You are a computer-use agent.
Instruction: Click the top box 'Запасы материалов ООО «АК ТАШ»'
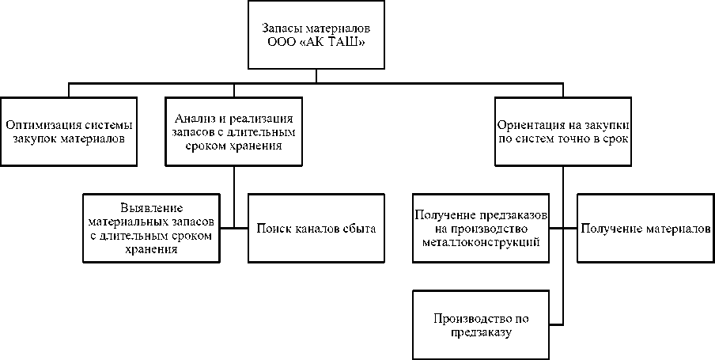click(316, 36)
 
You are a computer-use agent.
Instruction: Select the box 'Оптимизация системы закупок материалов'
click(69, 131)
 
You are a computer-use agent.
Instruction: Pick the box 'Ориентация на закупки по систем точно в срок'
click(563, 131)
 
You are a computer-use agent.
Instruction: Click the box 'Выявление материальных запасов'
click(151, 229)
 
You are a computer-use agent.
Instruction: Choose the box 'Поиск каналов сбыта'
click(316, 229)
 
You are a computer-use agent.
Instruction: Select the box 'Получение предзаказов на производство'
click(481, 229)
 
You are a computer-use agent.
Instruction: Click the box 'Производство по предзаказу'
click(481, 325)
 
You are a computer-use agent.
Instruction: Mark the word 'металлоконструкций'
click(481, 242)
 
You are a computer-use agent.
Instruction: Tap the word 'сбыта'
click(359, 229)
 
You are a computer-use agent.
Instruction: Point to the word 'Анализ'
click(191, 119)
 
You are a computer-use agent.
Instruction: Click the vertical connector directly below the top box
click(316, 76)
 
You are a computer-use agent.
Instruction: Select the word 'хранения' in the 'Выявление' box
click(151, 249)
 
